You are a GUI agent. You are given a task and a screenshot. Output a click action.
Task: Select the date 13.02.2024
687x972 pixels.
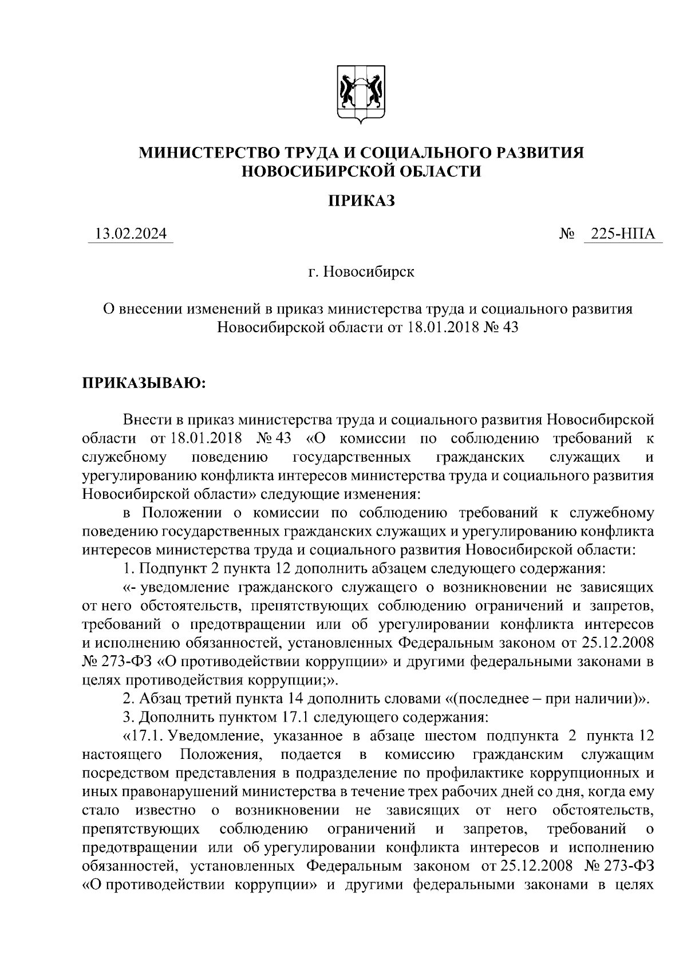tap(131, 234)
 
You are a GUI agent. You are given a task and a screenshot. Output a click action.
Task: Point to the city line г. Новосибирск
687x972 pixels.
tap(361, 271)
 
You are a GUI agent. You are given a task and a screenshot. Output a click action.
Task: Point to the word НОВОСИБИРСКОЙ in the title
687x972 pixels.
tap(312, 171)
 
